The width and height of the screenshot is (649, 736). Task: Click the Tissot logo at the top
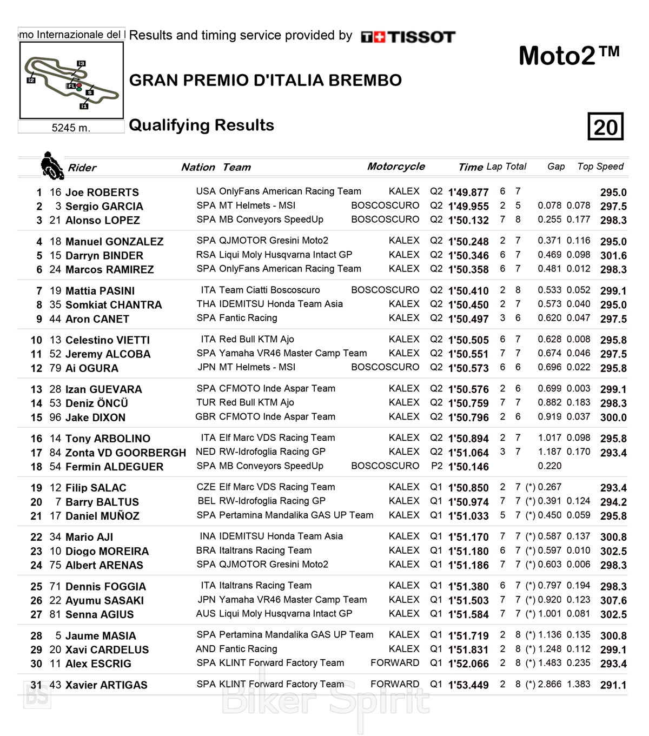point(408,37)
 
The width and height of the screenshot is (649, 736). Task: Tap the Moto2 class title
point(569,56)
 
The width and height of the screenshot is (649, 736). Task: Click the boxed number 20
point(605,127)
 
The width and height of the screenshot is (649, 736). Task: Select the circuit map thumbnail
point(71,80)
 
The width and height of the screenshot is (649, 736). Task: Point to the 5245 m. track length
point(71,128)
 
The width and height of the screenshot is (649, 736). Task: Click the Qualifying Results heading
point(201,125)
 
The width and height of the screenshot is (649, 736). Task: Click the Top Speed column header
point(600,167)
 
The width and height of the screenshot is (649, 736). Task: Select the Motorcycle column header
point(396,167)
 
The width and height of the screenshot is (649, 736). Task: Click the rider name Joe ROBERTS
point(102,193)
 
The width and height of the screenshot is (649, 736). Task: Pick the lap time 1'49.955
point(468,207)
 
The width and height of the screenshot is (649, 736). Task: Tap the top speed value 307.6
point(613,601)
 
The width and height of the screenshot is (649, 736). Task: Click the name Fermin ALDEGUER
point(114,467)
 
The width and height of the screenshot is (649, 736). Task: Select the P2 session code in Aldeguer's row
point(436,466)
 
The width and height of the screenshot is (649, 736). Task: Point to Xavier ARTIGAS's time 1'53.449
point(468,685)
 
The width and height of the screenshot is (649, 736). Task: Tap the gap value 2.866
point(549,684)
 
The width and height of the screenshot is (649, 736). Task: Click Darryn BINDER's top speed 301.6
point(613,256)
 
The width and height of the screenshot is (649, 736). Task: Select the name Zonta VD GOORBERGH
point(125,453)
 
